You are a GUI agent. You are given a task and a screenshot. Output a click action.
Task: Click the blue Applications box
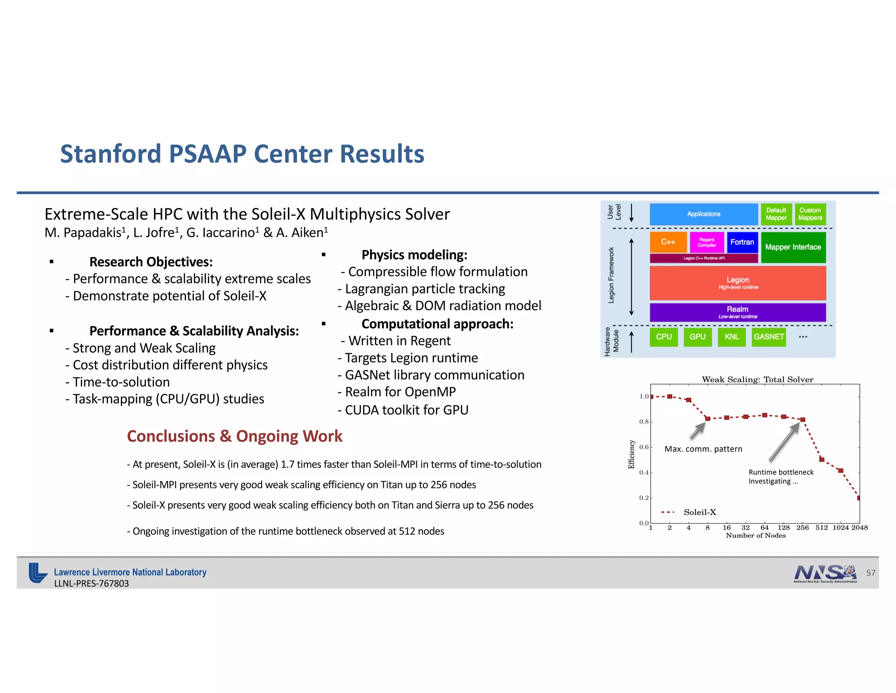tap(703, 214)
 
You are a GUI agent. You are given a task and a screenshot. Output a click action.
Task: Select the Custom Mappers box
tap(810, 214)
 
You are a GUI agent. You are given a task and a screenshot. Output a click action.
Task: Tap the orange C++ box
tap(668, 242)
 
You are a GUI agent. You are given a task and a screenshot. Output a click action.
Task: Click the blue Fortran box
tap(742, 242)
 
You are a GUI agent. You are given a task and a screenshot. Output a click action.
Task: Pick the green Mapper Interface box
tap(793, 247)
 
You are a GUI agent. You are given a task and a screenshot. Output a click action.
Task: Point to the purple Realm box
tap(738, 312)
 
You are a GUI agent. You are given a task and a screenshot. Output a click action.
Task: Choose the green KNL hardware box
tap(731, 337)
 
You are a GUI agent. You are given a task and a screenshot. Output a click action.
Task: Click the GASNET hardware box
tap(769, 337)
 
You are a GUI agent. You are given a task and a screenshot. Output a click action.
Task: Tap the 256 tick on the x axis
tap(802, 528)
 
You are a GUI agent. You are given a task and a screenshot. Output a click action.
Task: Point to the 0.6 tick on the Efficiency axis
tap(644, 447)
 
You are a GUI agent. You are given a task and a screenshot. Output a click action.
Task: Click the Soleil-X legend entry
tap(699, 512)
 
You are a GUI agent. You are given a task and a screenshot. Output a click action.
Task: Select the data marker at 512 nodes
tap(822, 460)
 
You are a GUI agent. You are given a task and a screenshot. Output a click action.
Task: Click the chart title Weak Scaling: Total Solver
tap(757, 379)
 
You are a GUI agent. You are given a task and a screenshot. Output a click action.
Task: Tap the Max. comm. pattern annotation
tap(703, 449)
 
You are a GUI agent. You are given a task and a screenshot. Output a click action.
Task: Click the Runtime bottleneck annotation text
tap(781, 472)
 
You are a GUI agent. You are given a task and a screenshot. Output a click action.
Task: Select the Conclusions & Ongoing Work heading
tap(234, 436)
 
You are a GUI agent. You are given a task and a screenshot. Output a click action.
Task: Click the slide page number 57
tap(871, 573)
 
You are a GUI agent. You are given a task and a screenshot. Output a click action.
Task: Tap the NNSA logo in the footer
tap(825, 573)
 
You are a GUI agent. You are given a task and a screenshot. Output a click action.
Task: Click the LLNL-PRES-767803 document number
tap(91, 583)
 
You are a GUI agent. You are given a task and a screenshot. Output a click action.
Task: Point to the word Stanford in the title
tap(111, 154)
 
